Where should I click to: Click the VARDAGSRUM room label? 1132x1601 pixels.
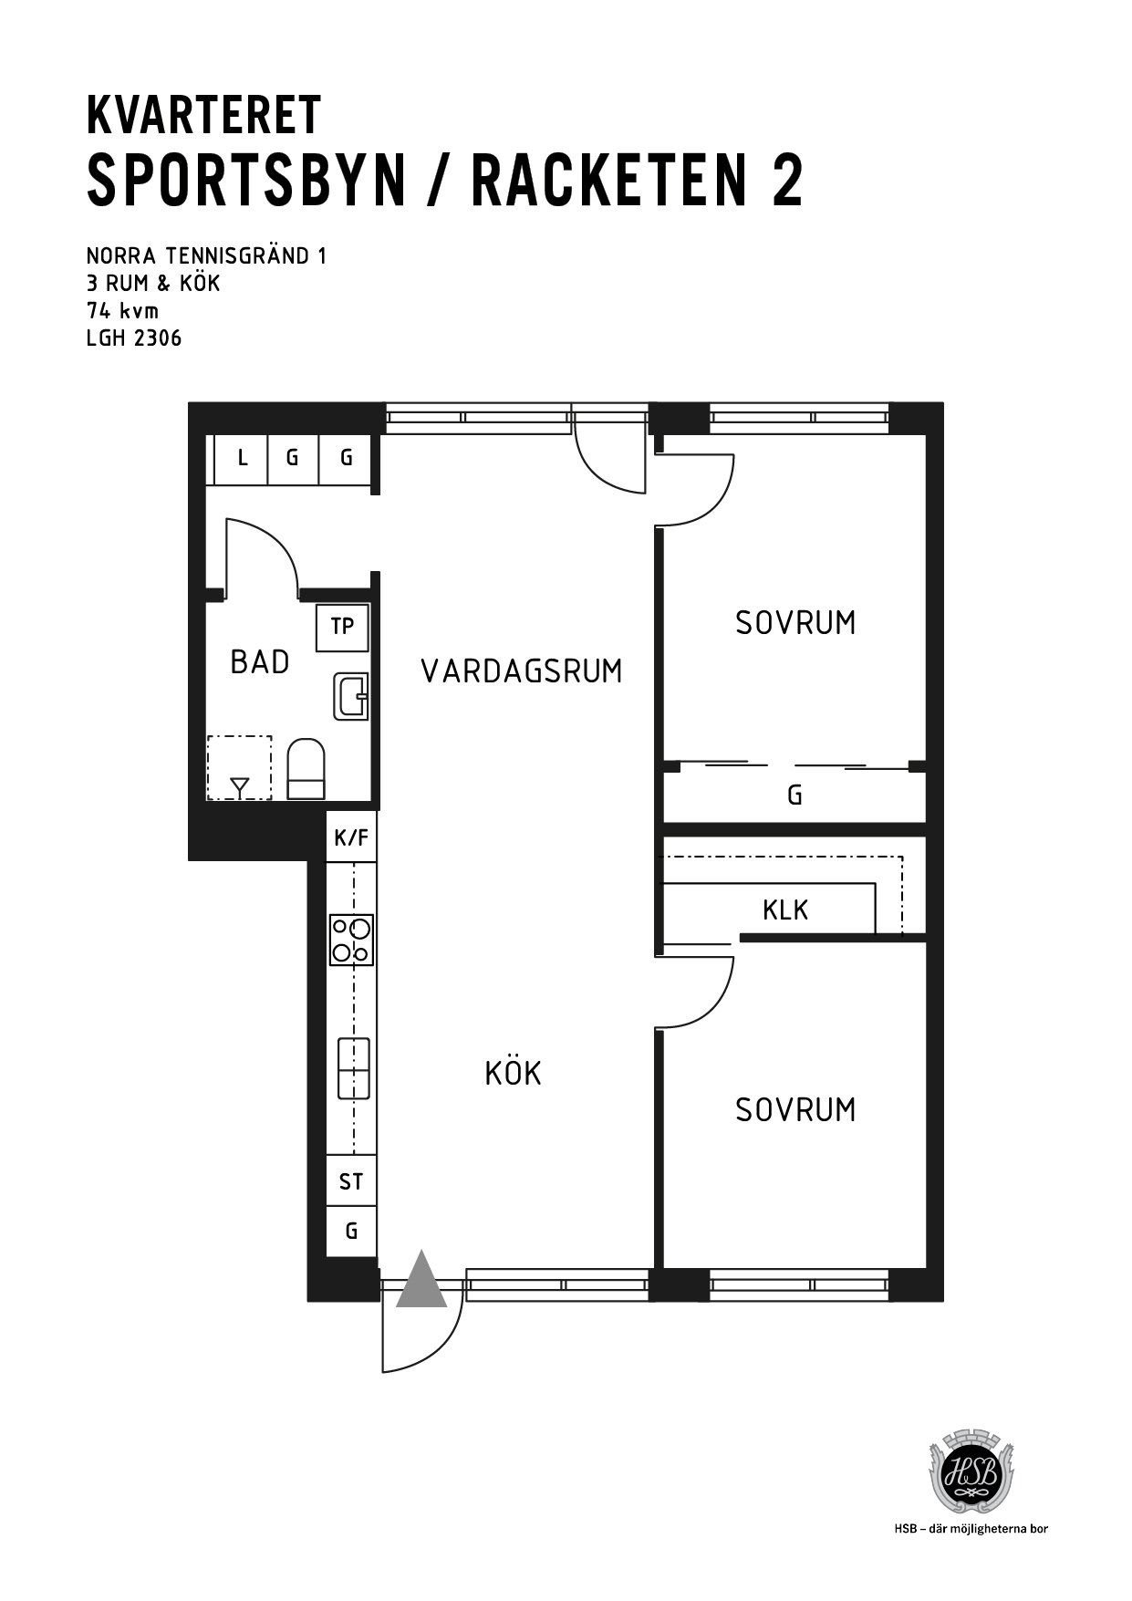tap(521, 671)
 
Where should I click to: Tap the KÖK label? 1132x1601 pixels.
tap(514, 1073)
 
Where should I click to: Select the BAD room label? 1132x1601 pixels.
tap(260, 662)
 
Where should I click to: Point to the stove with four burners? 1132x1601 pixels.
tap(351, 940)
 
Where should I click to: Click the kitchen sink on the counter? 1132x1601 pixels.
tap(354, 1068)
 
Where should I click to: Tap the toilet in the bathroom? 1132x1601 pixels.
tap(306, 769)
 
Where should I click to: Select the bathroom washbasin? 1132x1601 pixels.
tap(351, 697)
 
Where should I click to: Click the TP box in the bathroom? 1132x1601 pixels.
tap(342, 627)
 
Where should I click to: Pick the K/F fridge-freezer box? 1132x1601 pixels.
tap(351, 837)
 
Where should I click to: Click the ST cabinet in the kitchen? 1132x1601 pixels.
tap(351, 1182)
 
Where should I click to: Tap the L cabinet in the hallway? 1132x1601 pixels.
tap(242, 458)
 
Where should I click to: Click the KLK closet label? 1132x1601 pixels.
tap(785, 910)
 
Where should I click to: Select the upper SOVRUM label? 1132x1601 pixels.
tap(795, 623)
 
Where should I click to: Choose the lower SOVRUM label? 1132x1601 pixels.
tap(795, 1109)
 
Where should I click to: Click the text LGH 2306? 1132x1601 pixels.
tap(134, 338)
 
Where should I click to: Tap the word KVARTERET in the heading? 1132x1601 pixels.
tap(204, 115)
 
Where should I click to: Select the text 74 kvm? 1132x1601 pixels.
tap(122, 311)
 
